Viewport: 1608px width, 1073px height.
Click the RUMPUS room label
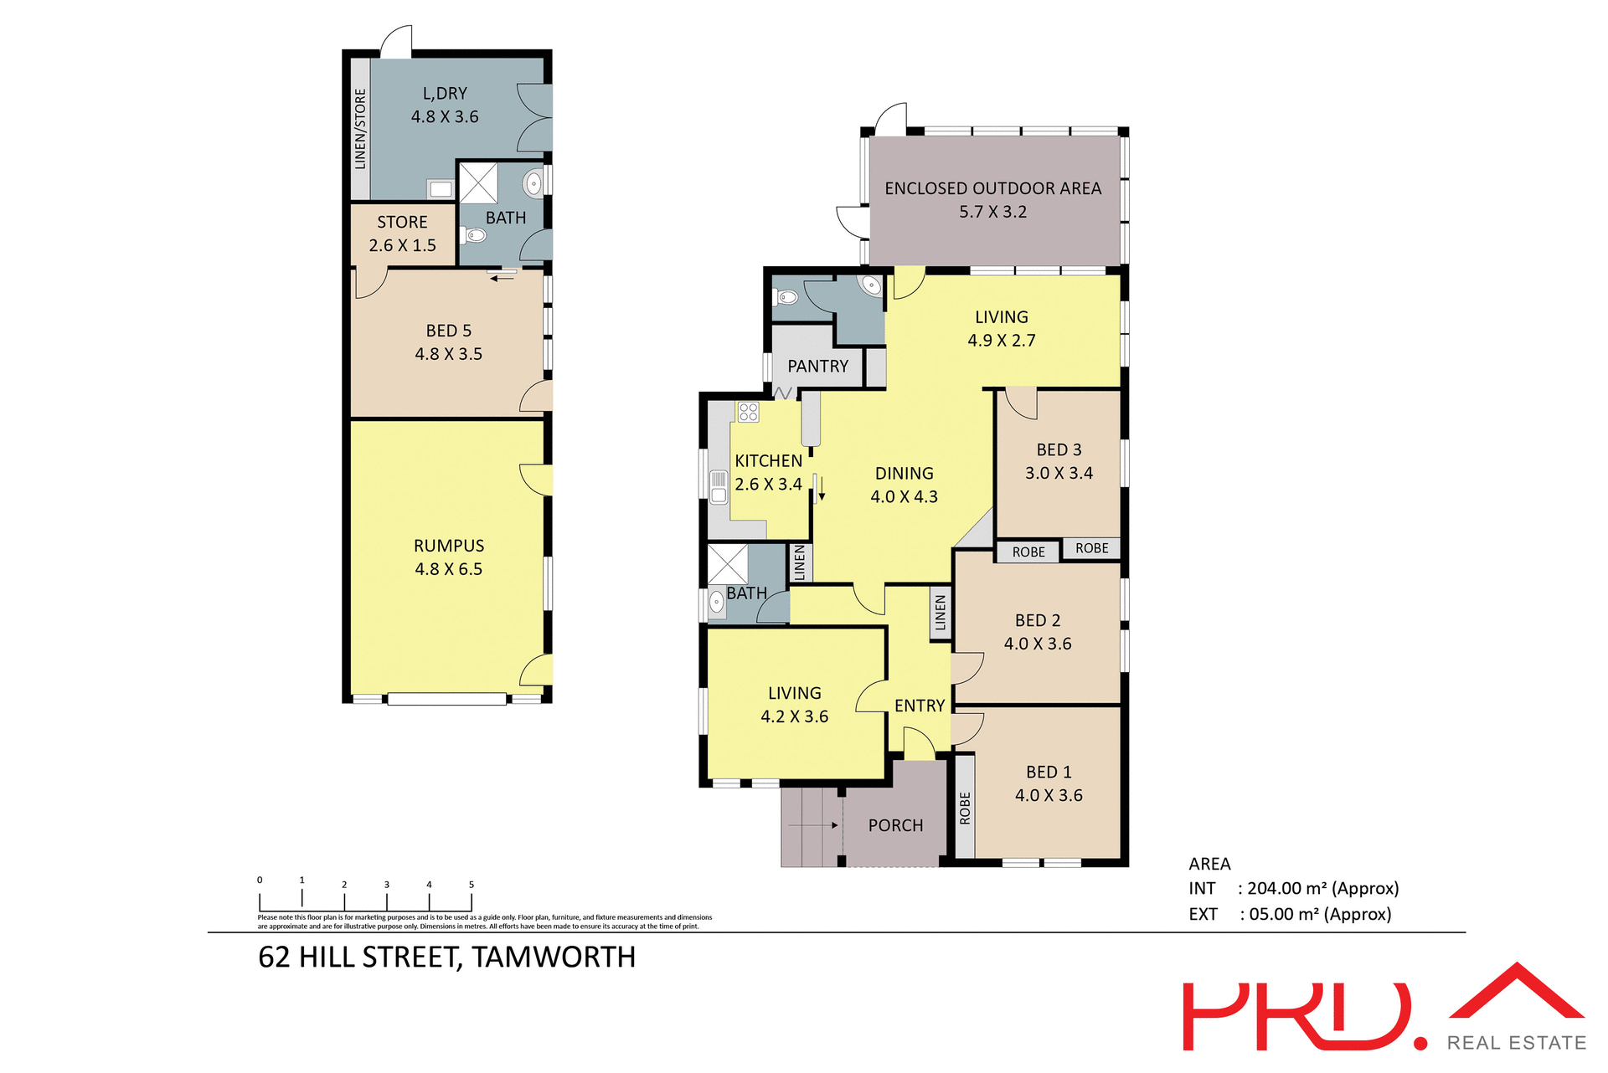pos(449,546)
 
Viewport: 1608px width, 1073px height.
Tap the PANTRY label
pos(817,367)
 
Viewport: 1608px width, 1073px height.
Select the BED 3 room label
pos(1059,450)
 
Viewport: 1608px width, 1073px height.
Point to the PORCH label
pos(895,826)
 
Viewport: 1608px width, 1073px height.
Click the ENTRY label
pos(919,706)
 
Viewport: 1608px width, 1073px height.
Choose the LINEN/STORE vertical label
pos(360,129)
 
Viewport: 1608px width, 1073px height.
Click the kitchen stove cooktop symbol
pos(748,412)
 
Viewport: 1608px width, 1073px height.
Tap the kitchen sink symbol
pos(719,486)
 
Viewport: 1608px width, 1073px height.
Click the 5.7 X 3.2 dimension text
pos(992,213)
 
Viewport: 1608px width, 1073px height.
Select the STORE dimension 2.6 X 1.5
pos(402,246)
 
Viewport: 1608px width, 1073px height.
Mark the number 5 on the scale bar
pos(472,885)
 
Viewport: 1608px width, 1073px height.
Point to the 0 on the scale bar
pos(260,880)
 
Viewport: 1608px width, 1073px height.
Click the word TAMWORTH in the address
pos(554,957)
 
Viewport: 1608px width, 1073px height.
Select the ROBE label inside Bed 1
pos(965,809)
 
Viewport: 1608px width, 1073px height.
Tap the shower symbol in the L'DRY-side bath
pos(478,183)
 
